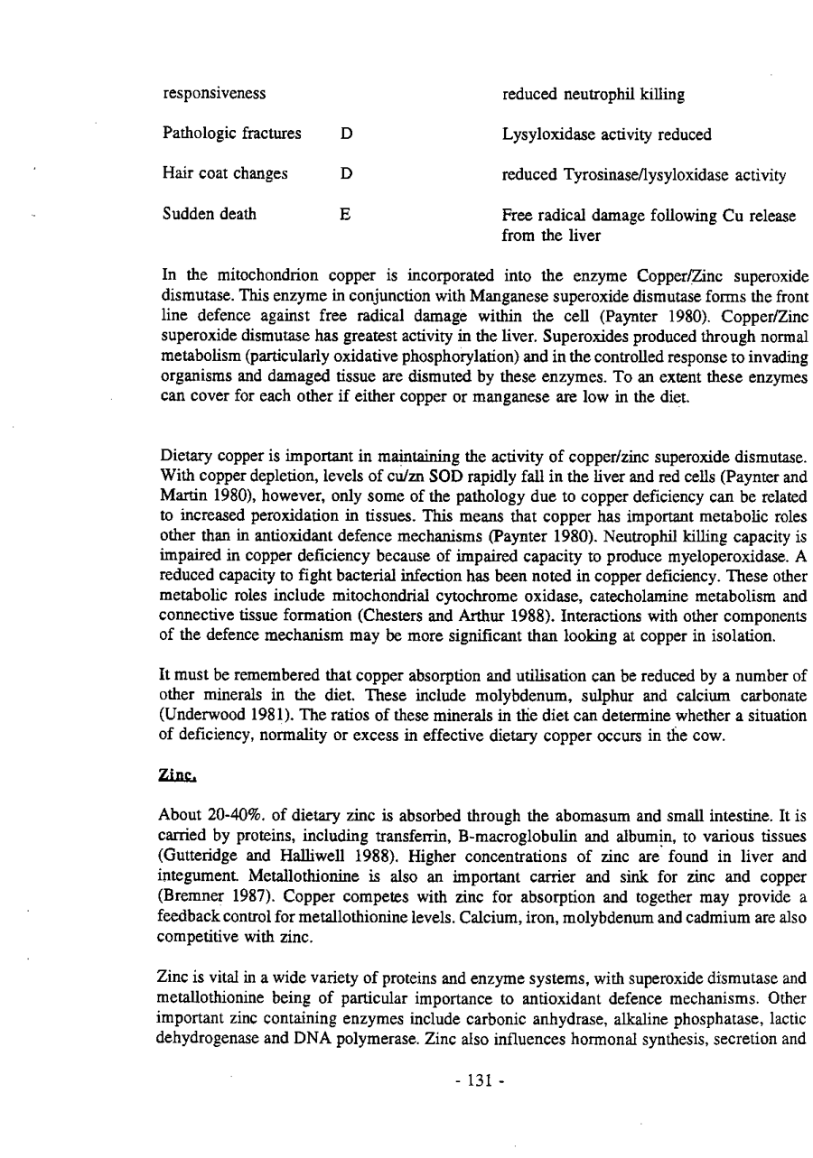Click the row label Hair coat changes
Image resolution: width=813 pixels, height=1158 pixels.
coord(225,174)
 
